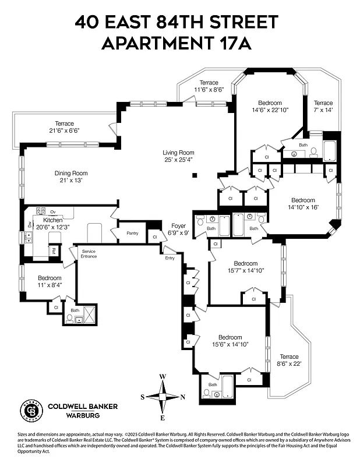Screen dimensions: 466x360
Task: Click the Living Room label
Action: click(178, 153)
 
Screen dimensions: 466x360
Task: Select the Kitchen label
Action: click(52, 220)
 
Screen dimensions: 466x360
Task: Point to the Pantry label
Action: click(132, 233)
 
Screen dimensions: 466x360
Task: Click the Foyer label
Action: click(178, 226)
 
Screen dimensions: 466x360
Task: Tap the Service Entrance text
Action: click(89, 253)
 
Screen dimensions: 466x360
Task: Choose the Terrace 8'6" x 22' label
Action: click(289, 356)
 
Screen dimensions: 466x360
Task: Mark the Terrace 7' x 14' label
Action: click(323, 103)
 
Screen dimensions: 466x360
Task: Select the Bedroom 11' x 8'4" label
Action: click(50, 278)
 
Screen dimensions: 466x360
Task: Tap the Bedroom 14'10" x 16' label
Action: click(303, 200)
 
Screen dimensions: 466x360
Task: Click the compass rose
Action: click(164, 397)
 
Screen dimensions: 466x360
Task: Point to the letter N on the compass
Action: click(183, 397)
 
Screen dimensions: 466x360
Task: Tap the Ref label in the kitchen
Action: click(53, 251)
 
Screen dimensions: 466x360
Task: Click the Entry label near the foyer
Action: click(170, 257)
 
